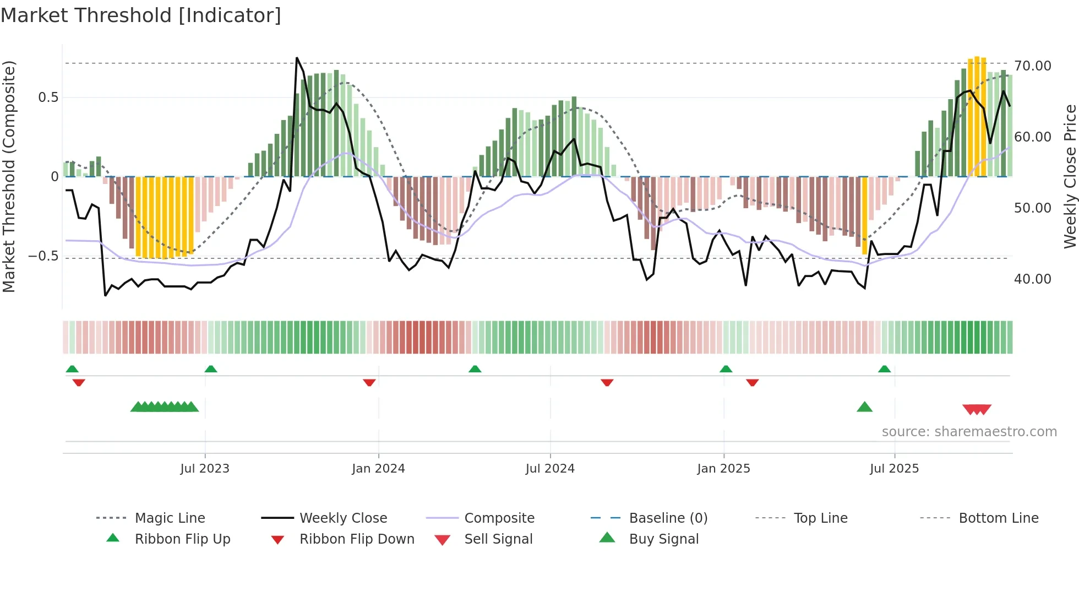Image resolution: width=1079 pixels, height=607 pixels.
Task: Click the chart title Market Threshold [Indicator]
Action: pos(141,15)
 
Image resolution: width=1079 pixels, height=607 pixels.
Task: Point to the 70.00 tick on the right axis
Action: pos(1032,66)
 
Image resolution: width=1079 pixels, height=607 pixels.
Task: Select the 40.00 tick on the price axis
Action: pos(1032,279)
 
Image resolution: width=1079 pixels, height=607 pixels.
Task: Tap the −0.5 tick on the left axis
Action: pos(43,256)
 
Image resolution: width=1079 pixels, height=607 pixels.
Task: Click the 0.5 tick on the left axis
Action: pos(48,97)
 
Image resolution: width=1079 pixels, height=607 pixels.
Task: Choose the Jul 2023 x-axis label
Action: pos(205,469)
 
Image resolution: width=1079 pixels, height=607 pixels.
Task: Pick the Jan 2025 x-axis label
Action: pos(723,469)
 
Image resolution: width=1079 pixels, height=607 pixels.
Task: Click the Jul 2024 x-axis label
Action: pos(550,469)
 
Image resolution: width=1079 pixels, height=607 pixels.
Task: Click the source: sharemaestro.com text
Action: pos(969,432)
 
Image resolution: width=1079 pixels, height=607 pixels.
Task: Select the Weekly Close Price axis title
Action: pos(1070,176)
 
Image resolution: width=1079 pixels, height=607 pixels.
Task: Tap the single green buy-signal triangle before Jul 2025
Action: pos(864,407)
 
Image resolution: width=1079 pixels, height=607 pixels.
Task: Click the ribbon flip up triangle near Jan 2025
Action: pos(726,369)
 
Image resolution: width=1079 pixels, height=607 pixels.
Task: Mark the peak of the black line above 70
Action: pos(297,58)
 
